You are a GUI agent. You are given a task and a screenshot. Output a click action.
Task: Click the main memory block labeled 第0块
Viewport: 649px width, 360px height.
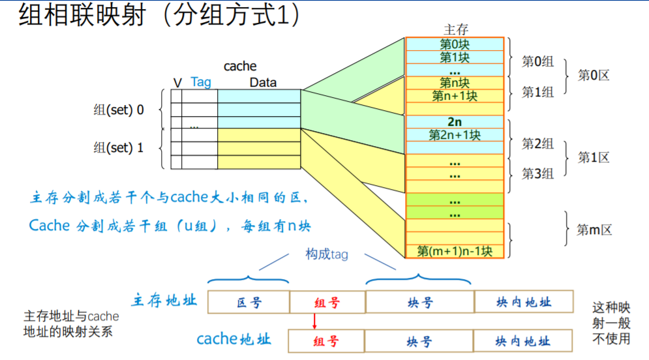click(x=455, y=44)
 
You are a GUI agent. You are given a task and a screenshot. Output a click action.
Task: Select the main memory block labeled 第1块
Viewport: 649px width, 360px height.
click(x=455, y=57)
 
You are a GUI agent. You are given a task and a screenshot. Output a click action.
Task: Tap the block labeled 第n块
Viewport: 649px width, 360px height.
click(x=455, y=83)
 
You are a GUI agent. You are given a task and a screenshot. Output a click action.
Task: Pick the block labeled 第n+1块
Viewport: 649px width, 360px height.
click(x=455, y=96)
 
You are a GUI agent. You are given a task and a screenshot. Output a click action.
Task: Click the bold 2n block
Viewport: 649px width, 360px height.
click(x=455, y=122)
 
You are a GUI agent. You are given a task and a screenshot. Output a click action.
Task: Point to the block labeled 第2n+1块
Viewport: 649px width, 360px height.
click(x=455, y=135)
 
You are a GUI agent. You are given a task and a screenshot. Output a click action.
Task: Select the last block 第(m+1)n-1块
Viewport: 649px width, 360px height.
click(x=455, y=251)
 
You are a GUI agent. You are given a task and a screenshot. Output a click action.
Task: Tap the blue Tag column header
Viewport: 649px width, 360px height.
click(x=201, y=82)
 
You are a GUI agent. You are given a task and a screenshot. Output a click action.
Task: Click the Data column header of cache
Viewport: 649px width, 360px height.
click(x=263, y=83)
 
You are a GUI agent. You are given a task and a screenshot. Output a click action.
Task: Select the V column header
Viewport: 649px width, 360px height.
click(x=177, y=83)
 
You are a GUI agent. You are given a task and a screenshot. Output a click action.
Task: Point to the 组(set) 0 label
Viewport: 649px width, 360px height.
click(x=119, y=110)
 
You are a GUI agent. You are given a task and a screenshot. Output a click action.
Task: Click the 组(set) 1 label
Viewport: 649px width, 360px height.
click(x=119, y=148)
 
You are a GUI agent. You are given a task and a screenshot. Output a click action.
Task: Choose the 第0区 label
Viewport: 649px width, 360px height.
click(x=594, y=75)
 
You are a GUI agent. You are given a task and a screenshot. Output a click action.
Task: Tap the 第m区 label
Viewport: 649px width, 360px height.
click(x=594, y=230)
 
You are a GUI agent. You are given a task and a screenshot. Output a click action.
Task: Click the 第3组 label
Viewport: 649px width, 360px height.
click(x=537, y=173)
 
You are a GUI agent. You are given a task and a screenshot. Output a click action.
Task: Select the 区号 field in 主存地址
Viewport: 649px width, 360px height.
click(x=249, y=303)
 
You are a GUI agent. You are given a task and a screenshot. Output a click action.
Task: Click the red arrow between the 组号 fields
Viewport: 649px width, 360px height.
click(x=314, y=321)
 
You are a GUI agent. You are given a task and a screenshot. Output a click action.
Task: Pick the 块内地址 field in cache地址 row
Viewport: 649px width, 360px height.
click(x=523, y=341)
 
